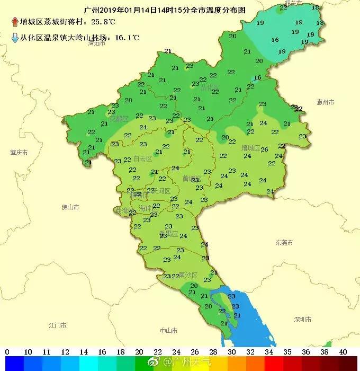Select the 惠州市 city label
(326, 102)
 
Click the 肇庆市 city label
(19, 152)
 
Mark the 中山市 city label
(168, 330)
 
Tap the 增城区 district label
(250, 147)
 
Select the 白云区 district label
(142, 158)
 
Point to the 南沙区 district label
(188, 275)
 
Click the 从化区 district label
(210, 87)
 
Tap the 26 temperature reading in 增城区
(264, 149)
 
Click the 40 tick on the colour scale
(343, 351)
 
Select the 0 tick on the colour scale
(7, 351)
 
